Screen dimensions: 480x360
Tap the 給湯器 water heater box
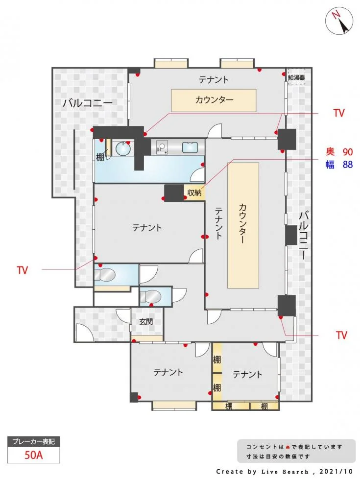(x=296, y=77)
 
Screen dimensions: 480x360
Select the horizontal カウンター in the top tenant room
(x=214, y=100)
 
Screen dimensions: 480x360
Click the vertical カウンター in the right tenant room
(x=243, y=225)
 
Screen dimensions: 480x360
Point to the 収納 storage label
(x=194, y=193)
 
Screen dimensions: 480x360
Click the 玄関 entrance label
(x=146, y=322)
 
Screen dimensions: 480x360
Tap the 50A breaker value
(x=34, y=454)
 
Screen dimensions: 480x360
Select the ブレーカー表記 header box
(x=34, y=441)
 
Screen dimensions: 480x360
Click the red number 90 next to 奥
(x=347, y=151)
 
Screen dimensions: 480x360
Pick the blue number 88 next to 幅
(x=347, y=165)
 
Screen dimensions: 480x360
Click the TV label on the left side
(x=22, y=270)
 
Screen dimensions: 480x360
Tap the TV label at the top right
(x=339, y=113)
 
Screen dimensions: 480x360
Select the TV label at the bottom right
(x=341, y=335)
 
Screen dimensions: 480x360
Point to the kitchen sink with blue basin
(x=190, y=147)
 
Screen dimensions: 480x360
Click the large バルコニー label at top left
(x=87, y=103)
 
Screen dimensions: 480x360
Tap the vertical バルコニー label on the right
(x=303, y=235)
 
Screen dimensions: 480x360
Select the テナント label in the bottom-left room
(x=168, y=372)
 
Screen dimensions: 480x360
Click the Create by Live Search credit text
(x=284, y=471)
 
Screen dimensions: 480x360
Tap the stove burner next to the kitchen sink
(x=162, y=146)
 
